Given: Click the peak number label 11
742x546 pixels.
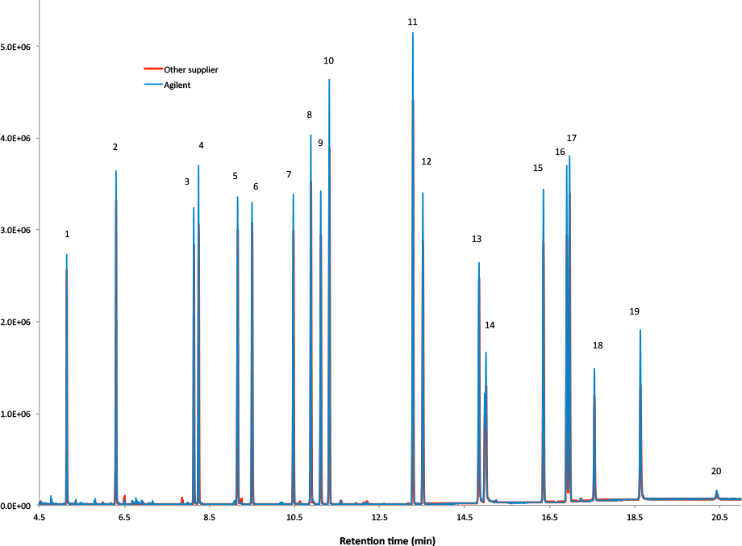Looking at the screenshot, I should (x=412, y=22).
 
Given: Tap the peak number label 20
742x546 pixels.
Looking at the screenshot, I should (x=716, y=471).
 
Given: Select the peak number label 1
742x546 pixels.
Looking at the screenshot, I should (x=67, y=234).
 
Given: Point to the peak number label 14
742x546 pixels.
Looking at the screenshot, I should (x=490, y=325).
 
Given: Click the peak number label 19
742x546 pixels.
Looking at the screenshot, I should (x=635, y=311).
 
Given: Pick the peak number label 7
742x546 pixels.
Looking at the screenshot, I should (x=289, y=174).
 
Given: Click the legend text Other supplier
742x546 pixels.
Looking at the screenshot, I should (x=191, y=69).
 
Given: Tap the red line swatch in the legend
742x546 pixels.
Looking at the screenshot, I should (x=151, y=69).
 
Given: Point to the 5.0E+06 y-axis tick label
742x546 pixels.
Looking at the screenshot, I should (x=16, y=47).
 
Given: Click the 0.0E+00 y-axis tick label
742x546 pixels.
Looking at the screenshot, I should (x=16, y=506).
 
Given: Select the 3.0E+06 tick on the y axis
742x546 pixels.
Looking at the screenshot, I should (x=16, y=231).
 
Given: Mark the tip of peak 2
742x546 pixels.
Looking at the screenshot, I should (x=116, y=171).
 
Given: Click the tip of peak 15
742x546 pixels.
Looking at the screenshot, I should (x=544, y=190).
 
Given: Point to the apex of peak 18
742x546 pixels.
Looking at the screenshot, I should (x=594, y=369).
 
